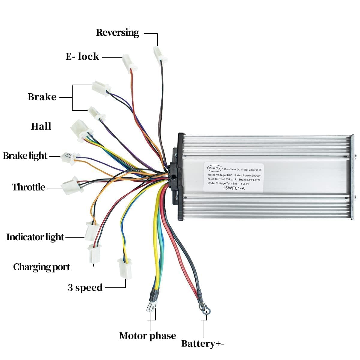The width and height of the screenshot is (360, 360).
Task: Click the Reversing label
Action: pyautogui.click(x=118, y=33)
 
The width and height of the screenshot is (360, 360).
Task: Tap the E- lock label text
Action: pyautogui.click(x=82, y=56)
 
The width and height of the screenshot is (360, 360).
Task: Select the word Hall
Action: pyautogui.click(x=41, y=126)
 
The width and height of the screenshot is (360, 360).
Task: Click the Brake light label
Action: pyautogui.click(x=25, y=156)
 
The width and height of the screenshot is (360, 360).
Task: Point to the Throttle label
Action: pyautogui.click(x=28, y=187)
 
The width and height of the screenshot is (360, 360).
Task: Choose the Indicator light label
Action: pyautogui.click(x=35, y=237)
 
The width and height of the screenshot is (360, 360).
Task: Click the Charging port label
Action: pyautogui.click(x=41, y=267)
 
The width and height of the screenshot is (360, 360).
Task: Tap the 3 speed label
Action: pyautogui.click(x=85, y=288)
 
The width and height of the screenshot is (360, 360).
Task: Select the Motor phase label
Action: pyautogui.click(x=148, y=336)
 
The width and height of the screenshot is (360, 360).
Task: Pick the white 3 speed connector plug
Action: pyautogui.click(x=124, y=268)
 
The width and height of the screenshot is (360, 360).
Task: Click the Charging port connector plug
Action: pyautogui.click(x=94, y=253)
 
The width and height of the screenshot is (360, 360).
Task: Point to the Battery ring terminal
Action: pyautogui.click(x=205, y=310)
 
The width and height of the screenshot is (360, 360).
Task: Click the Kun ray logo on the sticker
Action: pyautogui.click(x=215, y=168)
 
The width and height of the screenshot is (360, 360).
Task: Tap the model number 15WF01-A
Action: pyautogui.click(x=233, y=188)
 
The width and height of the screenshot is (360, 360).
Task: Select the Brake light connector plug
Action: pyautogui.click(x=69, y=157)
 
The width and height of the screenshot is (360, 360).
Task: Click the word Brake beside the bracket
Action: pyautogui.click(x=42, y=97)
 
